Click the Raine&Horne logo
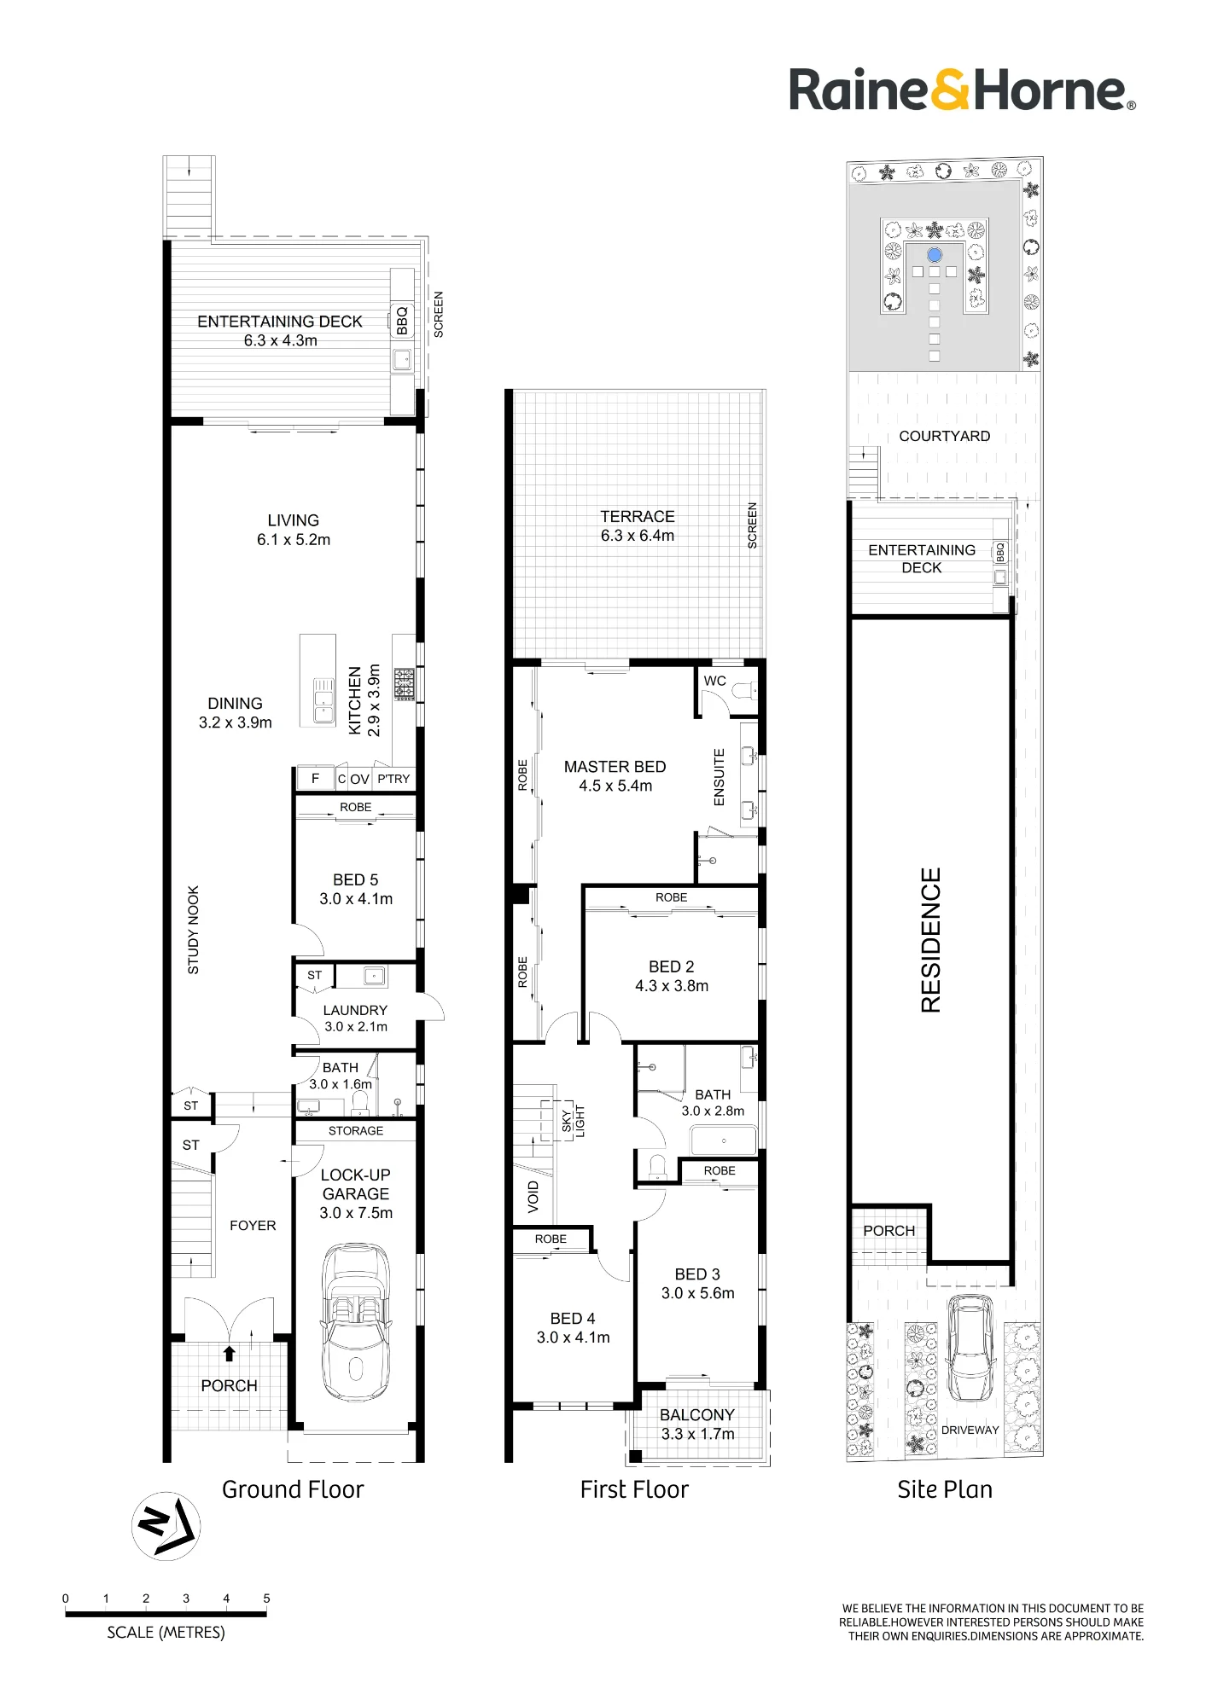tap(962, 90)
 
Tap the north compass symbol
tap(166, 1526)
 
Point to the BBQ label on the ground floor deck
tap(402, 322)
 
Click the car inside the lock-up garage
tap(356, 1321)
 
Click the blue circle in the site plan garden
tap(935, 255)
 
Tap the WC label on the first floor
tap(715, 681)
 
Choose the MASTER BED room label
tap(615, 767)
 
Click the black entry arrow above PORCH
tap(229, 1353)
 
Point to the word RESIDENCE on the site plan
tap(931, 940)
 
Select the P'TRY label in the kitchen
tap(393, 779)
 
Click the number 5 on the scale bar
tap(266, 1599)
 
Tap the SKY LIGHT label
tap(574, 1121)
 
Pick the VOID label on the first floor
tap(533, 1197)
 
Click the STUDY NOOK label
tap(193, 930)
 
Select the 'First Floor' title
tap(634, 1489)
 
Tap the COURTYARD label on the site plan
tap(945, 436)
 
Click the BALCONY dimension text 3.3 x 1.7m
tap(697, 1434)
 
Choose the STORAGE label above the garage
tap(356, 1131)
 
